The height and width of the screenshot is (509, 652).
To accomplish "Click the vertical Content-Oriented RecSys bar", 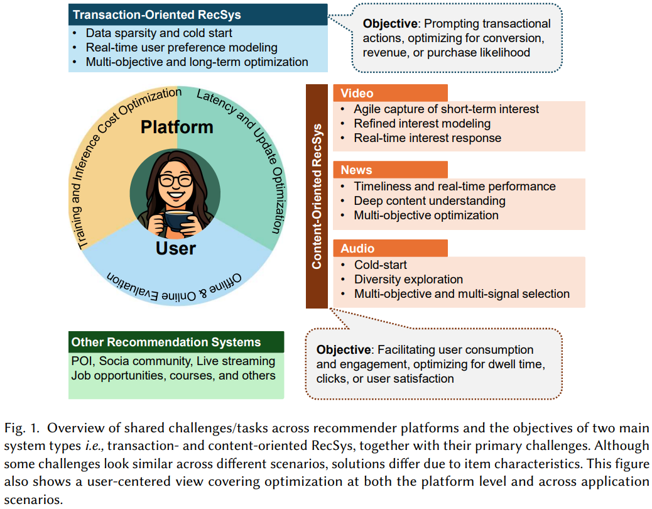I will [x=317, y=196].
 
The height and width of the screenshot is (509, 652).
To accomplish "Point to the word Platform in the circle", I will [x=177, y=127].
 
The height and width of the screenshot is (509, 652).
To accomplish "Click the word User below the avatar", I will [x=176, y=248].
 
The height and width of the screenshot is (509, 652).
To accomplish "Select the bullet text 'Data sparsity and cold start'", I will [x=159, y=33].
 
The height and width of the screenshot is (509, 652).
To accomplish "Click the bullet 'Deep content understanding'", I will [x=430, y=201].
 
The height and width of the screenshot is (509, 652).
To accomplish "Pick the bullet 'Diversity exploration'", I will [x=408, y=279].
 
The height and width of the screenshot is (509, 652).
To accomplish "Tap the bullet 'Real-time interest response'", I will [x=427, y=138].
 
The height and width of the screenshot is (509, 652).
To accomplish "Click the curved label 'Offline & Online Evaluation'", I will [x=177, y=286].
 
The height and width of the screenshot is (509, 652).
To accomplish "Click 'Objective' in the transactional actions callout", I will [x=390, y=24].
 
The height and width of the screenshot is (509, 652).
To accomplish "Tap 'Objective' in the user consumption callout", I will [x=344, y=349].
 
